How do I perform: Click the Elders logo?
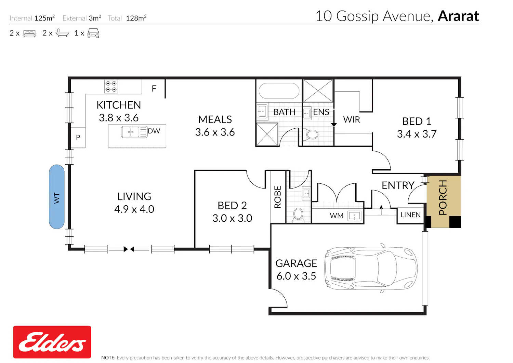(52, 342)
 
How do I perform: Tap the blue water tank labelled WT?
(56, 197)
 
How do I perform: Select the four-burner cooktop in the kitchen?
(111, 87)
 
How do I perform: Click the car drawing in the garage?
(371, 268)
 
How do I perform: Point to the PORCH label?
(443, 197)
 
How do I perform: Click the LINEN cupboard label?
(410, 215)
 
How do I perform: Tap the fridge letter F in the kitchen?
(154, 88)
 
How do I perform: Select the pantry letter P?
(78, 137)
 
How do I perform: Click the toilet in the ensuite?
(311, 134)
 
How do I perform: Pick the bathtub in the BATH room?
(279, 91)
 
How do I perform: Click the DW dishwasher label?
(154, 131)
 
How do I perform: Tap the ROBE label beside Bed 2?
(278, 197)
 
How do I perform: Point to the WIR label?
(352, 119)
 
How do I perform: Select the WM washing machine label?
(337, 216)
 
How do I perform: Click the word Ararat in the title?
(458, 16)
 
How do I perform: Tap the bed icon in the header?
(29, 34)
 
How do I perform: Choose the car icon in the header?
(93, 33)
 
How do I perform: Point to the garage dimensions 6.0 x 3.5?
(296, 276)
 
